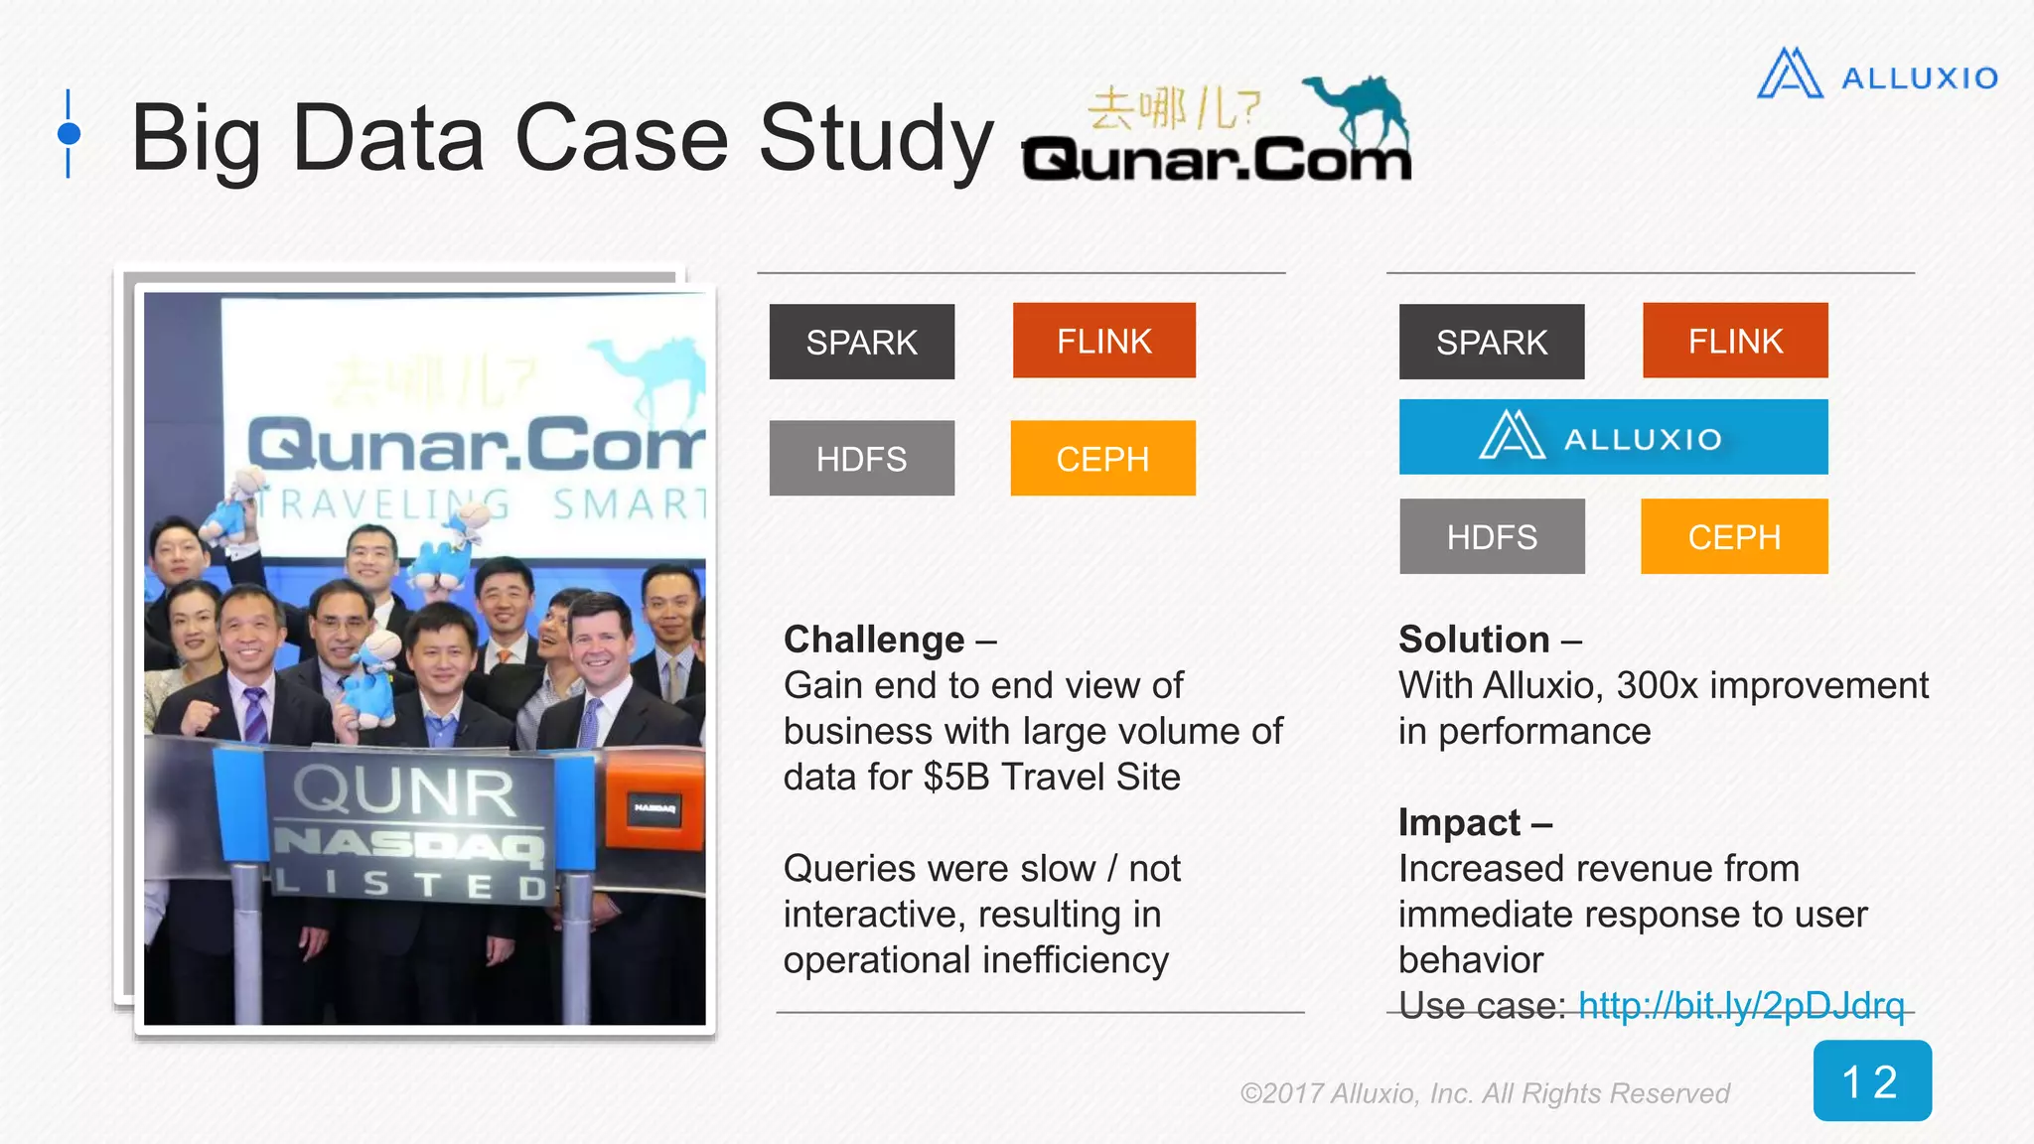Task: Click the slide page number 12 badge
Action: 1872,1080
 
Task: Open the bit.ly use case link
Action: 1741,1005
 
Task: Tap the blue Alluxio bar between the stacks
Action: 1613,437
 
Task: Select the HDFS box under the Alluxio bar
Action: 1492,536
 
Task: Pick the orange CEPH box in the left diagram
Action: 1102,458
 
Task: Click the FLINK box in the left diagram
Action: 1103,341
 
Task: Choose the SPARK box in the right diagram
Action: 1492,342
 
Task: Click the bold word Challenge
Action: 874,640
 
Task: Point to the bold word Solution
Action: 1474,640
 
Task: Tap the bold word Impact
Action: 1459,822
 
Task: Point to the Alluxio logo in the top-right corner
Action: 1877,75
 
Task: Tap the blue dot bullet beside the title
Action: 69,133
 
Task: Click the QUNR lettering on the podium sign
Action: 404,791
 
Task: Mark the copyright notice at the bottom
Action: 1485,1093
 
